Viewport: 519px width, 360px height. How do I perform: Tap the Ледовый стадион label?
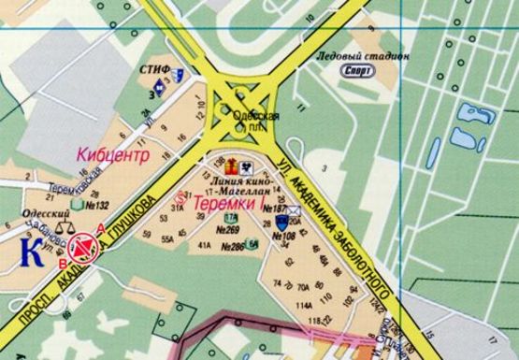tap(363, 55)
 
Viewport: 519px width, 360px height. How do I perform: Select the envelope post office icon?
tap(294, 211)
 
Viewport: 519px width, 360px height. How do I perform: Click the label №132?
tap(97, 205)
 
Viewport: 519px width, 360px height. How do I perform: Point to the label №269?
tap(227, 230)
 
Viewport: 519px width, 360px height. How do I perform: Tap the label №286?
tap(232, 247)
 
